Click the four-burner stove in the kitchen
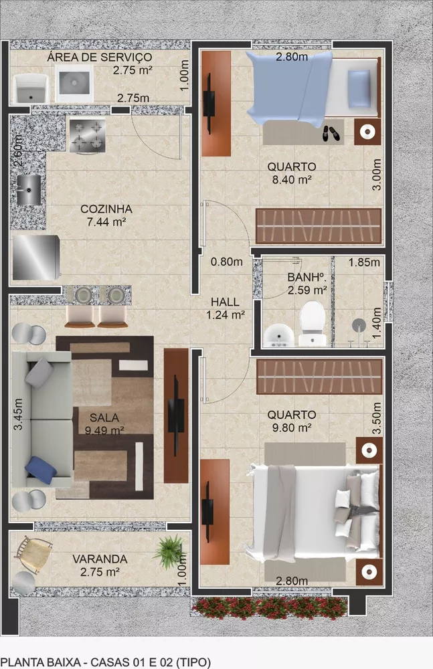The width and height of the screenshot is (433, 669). point(87,134)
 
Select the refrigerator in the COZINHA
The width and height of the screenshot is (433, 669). point(36,258)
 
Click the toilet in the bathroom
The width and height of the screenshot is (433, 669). point(313,323)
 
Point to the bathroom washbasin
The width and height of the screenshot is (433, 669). point(278,337)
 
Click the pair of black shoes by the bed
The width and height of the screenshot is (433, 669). point(331,133)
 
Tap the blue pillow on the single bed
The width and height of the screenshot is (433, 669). point(359,89)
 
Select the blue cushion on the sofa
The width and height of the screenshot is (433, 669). point(41,470)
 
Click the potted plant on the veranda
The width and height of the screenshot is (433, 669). point(169,551)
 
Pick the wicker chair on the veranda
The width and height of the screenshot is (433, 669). point(33,554)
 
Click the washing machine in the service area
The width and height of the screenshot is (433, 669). point(74,84)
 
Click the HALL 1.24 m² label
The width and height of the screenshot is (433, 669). point(226,308)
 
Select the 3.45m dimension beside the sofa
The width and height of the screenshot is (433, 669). point(17,414)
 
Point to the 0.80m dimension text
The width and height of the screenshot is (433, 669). point(226,262)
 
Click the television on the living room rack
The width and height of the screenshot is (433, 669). point(175,415)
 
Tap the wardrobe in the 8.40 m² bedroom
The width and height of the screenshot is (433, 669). point(318,226)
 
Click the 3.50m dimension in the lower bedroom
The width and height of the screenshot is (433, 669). point(376,418)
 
